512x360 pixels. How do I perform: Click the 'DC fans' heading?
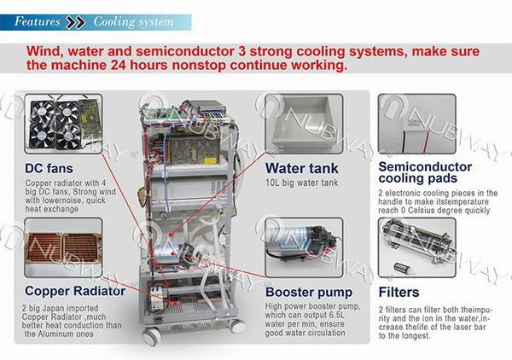point(49,168)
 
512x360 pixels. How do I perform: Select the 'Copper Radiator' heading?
point(75,291)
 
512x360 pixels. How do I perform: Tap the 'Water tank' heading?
point(302,168)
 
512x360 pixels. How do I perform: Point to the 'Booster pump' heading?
point(309,293)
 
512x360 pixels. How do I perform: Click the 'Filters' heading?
point(399,293)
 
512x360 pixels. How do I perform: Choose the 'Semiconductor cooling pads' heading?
point(425,172)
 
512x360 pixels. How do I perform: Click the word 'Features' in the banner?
point(38,21)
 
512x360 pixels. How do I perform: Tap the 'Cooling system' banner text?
point(133,22)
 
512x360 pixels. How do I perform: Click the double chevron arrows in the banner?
point(75,22)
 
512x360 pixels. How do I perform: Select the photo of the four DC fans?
point(63,124)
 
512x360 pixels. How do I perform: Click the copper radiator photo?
point(63,247)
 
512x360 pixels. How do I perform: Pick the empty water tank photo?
point(304,124)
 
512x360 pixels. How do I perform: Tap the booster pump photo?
point(304,247)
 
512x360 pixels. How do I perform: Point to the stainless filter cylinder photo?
point(417,247)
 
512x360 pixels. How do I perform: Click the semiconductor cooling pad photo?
point(417,124)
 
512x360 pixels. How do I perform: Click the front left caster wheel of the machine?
point(152,337)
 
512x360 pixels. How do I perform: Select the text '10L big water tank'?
point(302,183)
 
